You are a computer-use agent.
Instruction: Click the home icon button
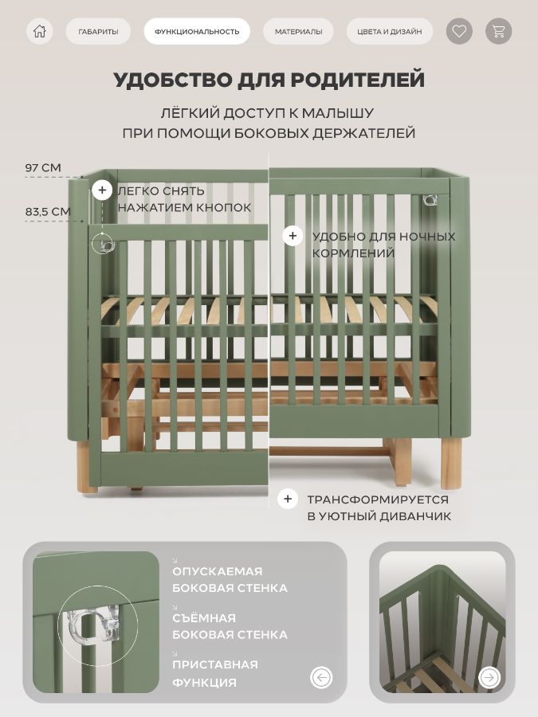tap(40, 31)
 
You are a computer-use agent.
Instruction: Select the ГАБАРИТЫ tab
tap(98, 32)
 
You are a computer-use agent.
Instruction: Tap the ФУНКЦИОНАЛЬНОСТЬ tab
tap(197, 32)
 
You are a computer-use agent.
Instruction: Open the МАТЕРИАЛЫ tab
tap(298, 32)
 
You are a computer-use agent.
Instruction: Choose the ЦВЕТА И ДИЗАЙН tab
tap(389, 32)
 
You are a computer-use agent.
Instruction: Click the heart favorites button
tap(459, 31)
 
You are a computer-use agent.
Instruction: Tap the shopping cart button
tap(498, 31)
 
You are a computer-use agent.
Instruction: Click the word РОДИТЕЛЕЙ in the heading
tap(357, 80)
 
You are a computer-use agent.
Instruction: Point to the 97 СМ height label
tap(43, 168)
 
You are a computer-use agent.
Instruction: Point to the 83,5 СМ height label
tap(48, 212)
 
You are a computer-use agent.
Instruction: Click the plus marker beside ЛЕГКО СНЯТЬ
tap(102, 190)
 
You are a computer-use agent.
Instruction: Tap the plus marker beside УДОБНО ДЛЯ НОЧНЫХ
tap(293, 236)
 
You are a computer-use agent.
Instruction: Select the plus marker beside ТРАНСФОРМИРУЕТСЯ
tap(288, 499)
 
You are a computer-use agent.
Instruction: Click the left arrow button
tap(321, 677)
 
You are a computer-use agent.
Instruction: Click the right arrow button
tap(489, 677)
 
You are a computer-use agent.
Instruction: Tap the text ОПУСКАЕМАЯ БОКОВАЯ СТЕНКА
tap(230, 579)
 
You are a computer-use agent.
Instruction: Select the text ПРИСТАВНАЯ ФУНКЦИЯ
tap(215, 673)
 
